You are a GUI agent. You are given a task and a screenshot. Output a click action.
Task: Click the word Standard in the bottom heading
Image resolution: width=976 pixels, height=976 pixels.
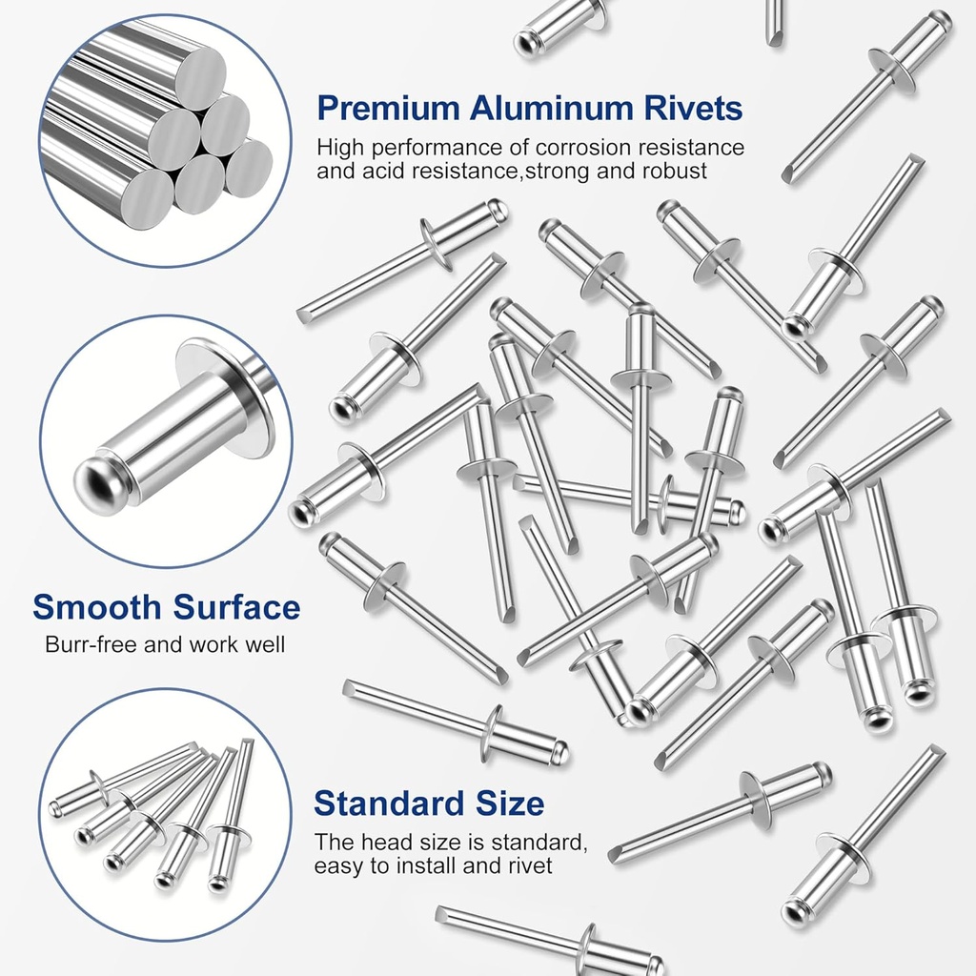388,803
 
